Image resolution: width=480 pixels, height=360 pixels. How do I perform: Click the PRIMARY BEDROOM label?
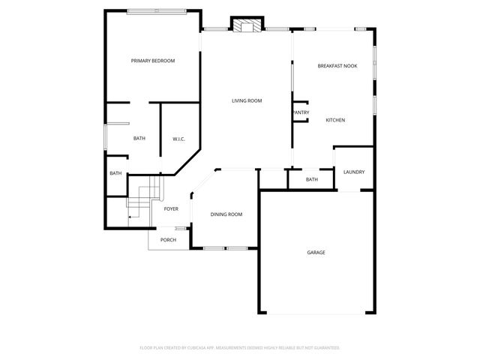click(153, 61)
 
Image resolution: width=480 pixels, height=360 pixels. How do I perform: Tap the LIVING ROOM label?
click(246, 100)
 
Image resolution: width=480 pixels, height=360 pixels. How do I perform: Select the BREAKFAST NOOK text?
click(337, 66)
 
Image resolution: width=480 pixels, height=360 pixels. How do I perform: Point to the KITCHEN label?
click(335, 120)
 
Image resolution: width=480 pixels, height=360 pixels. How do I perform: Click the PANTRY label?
click(301, 113)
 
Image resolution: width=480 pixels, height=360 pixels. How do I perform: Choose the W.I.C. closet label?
click(178, 139)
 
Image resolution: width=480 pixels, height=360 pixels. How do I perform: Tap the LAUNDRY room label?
click(354, 172)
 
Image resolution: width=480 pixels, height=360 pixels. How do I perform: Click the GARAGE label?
click(316, 252)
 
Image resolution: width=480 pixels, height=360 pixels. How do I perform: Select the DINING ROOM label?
click(226, 214)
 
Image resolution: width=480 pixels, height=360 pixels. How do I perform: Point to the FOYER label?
click(171, 208)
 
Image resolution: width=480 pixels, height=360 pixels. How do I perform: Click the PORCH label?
click(168, 240)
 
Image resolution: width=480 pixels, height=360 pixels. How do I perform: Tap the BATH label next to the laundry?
click(312, 179)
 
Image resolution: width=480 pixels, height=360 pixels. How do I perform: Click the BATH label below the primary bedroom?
click(139, 138)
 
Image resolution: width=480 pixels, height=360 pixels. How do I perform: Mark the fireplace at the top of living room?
click(246, 26)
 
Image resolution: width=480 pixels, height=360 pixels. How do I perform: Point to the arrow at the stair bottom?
click(131, 217)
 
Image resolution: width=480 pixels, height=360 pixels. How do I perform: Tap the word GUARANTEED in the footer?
click(325, 348)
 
